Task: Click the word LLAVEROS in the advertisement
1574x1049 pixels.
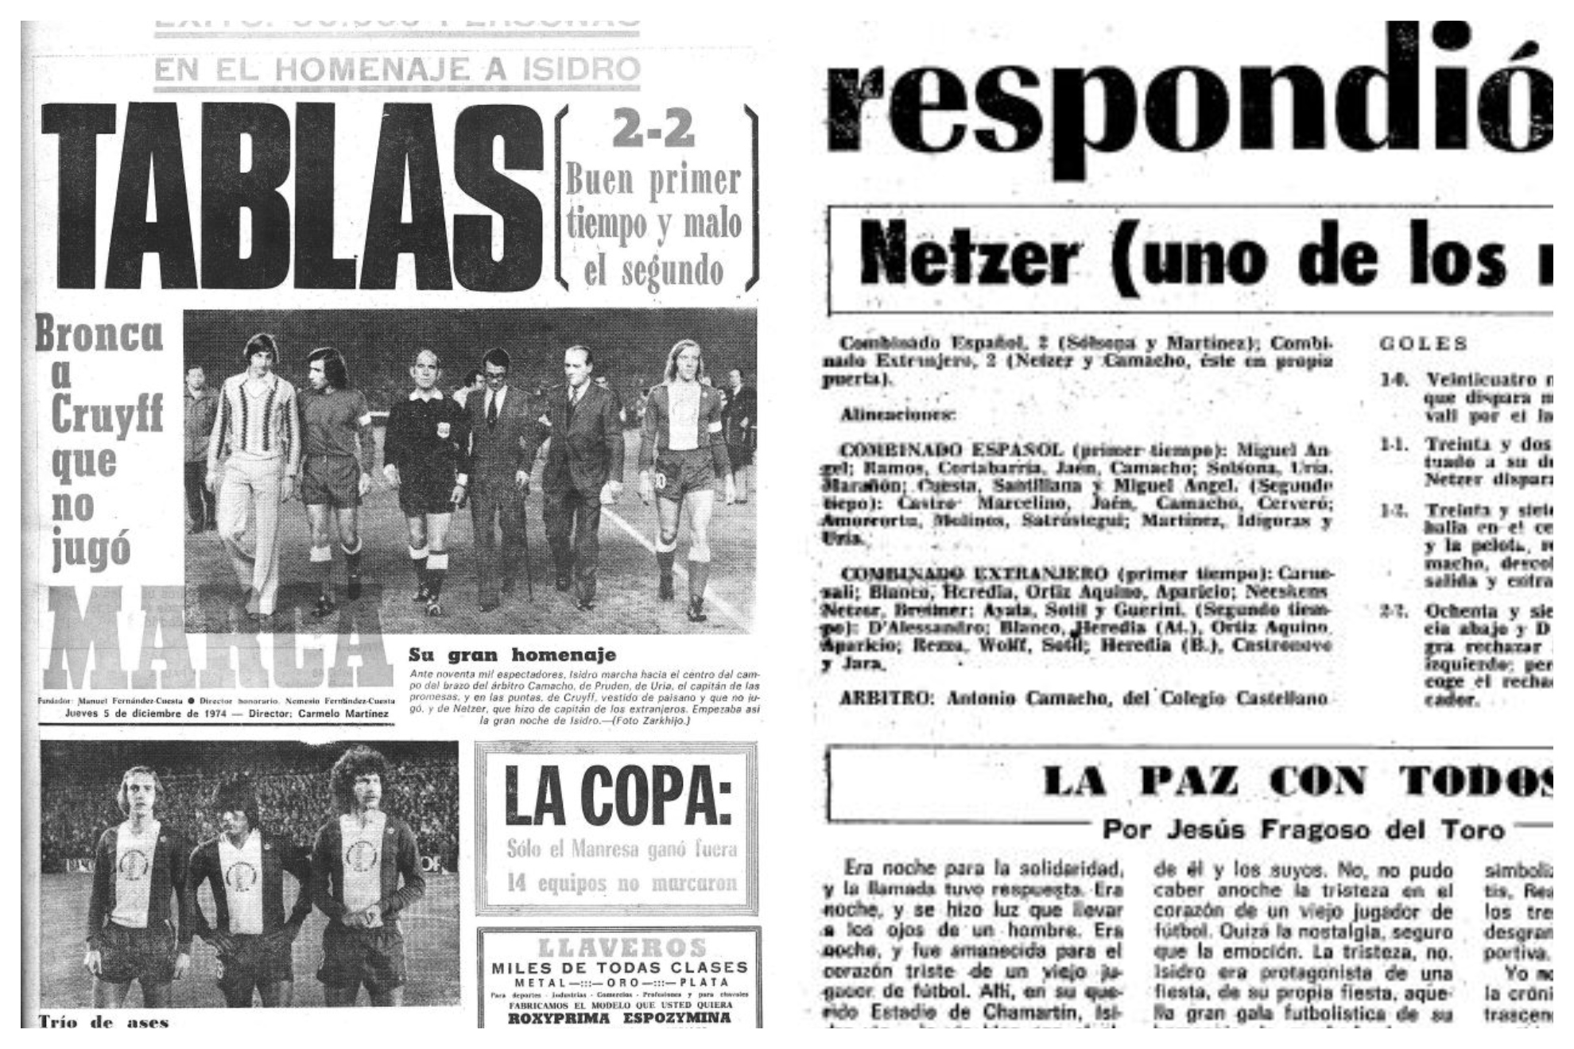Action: tap(622, 947)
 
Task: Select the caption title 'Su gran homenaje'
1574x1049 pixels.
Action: tap(512, 655)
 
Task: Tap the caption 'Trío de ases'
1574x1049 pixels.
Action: tap(103, 1021)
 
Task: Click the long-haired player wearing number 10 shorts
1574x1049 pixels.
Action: tap(685, 469)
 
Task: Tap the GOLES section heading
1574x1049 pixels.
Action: tap(1423, 343)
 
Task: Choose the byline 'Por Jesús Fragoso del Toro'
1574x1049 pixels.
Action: tap(1303, 830)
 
